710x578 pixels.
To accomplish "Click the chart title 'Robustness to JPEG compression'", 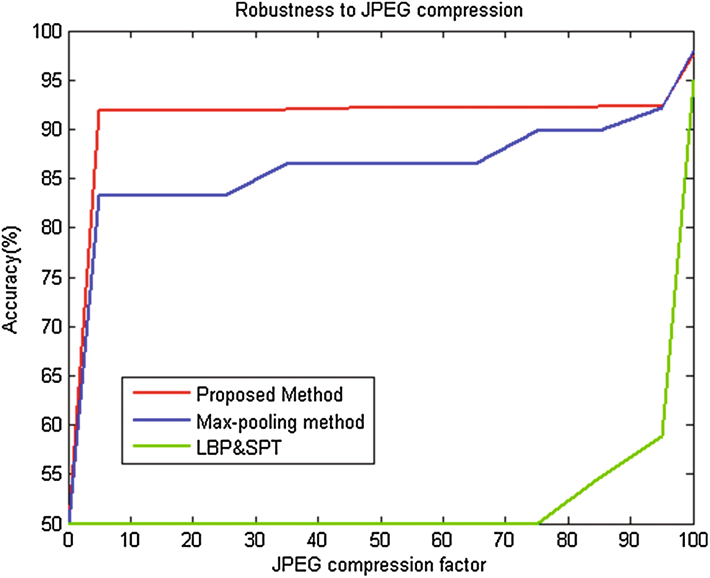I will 379,10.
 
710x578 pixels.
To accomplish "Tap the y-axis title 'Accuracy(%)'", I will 11,279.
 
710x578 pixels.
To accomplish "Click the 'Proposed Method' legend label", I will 269,395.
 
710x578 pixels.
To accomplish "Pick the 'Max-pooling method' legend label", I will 280,422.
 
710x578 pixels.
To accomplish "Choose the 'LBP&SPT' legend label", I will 239,448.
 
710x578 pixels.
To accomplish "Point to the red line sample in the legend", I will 161,393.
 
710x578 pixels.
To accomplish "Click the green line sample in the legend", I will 161,446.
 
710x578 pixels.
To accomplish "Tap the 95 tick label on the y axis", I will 51,80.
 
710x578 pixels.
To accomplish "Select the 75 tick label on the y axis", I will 51,278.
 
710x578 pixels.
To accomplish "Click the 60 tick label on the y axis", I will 51,425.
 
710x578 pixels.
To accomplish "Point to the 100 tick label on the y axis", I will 47,32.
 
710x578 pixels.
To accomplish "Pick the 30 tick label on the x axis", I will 255,541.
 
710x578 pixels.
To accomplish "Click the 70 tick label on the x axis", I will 504,541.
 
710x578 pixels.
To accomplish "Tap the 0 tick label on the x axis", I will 68,541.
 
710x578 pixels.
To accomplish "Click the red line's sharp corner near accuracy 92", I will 99,110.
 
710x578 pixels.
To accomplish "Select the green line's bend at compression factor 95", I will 663,436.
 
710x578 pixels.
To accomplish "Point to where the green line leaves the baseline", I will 539,523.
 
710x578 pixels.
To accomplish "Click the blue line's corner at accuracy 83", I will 99,195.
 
